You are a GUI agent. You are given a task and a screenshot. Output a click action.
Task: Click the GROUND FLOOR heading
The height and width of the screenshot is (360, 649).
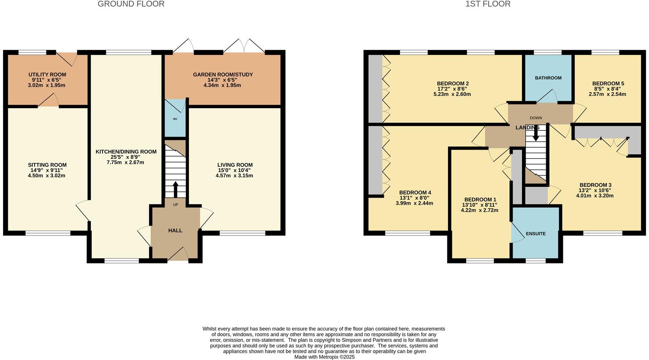pos(131,4)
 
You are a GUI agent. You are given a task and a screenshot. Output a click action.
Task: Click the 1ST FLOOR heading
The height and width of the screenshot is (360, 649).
pos(488,4)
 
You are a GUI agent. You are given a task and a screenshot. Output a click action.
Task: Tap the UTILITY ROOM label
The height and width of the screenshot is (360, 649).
pos(47,75)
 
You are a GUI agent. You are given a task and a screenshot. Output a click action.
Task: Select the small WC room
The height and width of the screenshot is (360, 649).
pos(175,119)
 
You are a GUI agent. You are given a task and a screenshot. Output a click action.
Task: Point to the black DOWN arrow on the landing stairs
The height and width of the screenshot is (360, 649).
pos(536,133)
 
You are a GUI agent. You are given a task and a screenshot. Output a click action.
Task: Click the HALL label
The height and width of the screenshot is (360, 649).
pos(175,230)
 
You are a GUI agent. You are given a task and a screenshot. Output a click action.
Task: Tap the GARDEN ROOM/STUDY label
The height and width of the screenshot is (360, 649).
pos(223,75)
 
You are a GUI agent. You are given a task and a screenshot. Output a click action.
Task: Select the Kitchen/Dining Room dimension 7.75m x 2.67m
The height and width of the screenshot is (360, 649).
pos(125,162)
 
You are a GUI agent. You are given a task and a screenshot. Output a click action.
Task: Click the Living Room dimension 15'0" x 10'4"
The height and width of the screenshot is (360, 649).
pos(234,170)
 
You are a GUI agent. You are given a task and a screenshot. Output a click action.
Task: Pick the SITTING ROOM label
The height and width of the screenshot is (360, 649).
pos(47,165)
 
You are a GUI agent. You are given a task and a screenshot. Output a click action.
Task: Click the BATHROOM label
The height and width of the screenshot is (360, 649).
pos(548,78)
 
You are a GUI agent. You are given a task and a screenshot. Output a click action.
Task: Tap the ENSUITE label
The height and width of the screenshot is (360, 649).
pos(536,234)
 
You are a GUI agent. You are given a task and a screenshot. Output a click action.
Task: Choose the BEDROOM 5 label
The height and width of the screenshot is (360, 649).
pos(608,83)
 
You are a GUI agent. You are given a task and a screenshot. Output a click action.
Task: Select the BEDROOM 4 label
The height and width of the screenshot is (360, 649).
pos(415,192)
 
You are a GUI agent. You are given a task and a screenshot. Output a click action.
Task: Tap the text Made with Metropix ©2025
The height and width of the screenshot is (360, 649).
pos(324,357)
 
